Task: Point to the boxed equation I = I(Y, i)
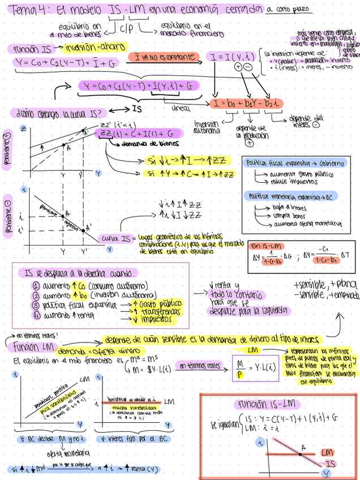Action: (233, 57)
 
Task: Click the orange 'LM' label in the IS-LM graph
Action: (327, 453)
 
